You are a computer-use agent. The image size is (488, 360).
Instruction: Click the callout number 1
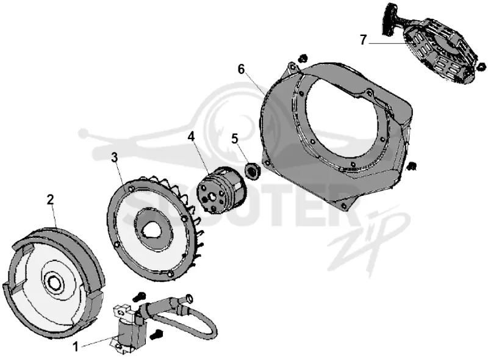(x=75, y=347)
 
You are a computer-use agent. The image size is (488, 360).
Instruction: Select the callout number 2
(x=51, y=200)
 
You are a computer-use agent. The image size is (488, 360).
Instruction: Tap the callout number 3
(x=115, y=157)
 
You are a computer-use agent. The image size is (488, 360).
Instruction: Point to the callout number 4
(x=191, y=136)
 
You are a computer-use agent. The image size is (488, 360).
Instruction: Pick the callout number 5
(x=235, y=138)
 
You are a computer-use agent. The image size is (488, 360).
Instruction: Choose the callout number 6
(x=242, y=69)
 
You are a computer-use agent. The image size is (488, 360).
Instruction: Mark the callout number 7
(x=363, y=40)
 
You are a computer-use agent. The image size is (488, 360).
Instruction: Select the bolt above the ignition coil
(x=138, y=297)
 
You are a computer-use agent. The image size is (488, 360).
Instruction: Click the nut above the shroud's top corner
(x=302, y=58)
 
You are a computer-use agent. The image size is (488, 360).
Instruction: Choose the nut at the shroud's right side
(x=413, y=166)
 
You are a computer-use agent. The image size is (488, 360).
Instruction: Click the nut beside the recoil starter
(x=481, y=66)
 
